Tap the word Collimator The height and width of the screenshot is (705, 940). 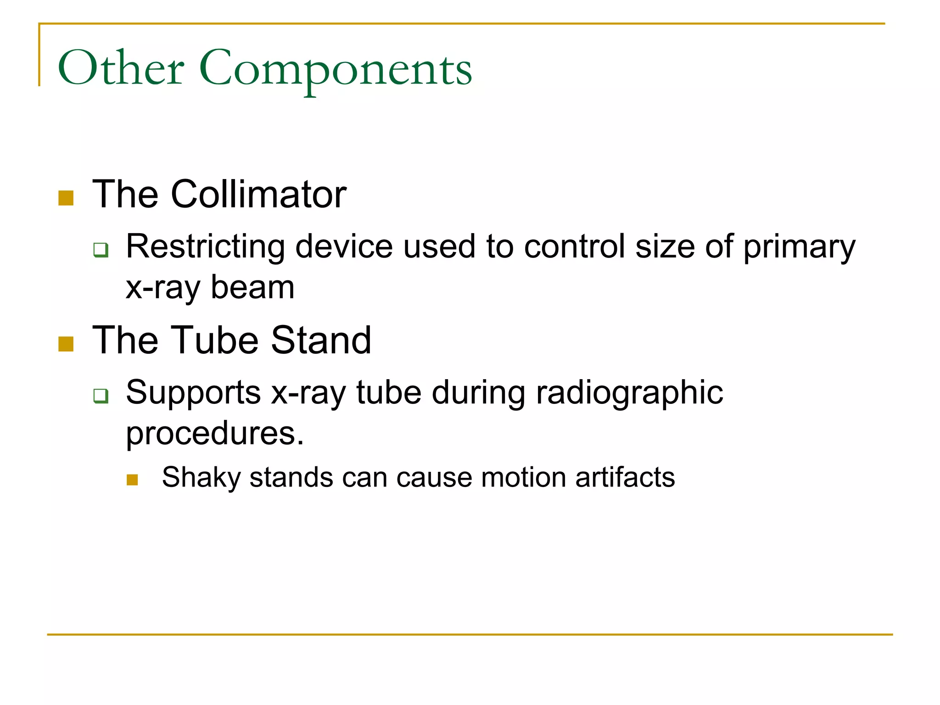[258, 195]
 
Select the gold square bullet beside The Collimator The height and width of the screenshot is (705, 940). [66, 198]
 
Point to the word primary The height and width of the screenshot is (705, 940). [799, 248]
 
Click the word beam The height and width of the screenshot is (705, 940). [252, 288]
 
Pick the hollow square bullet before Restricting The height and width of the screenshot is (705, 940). [101, 250]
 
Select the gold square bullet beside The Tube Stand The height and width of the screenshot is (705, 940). [66, 344]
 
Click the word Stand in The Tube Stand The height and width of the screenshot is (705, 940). [321, 341]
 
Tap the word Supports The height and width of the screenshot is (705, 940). [193, 393]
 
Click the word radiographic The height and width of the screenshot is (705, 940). [629, 394]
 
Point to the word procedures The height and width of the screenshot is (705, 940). [214, 434]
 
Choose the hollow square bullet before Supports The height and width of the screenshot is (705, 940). [101, 395]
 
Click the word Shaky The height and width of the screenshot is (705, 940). [201, 478]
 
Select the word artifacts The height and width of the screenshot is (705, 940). [625, 477]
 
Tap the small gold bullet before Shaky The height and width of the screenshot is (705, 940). [132, 480]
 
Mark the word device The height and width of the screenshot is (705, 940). [344, 246]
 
